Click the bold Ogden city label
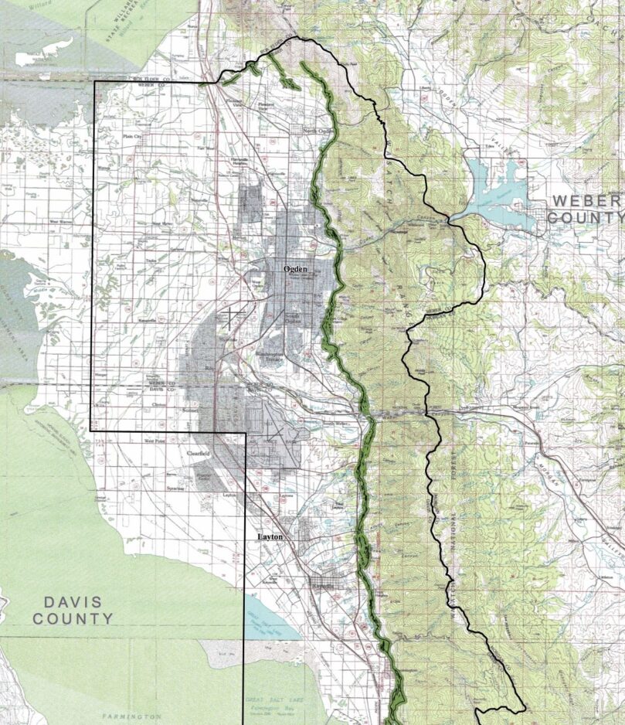(x=296, y=268)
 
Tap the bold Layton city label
(x=270, y=536)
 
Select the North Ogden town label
(x=315, y=131)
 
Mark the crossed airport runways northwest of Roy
(x=230, y=319)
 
